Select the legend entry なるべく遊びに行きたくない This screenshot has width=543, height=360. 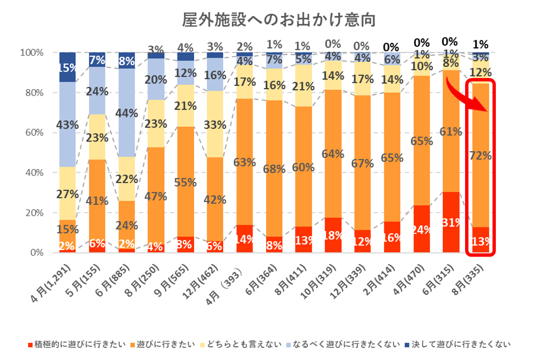tap(348, 345)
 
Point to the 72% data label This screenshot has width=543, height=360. tap(480, 156)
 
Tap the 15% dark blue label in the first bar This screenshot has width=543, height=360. tap(67, 67)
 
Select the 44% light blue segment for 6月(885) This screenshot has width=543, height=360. tap(127, 112)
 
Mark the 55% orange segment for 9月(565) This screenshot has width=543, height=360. tap(186, 182)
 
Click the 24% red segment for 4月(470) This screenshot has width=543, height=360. tap(422, 229)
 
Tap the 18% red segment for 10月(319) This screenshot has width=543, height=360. tap(333, 235)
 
